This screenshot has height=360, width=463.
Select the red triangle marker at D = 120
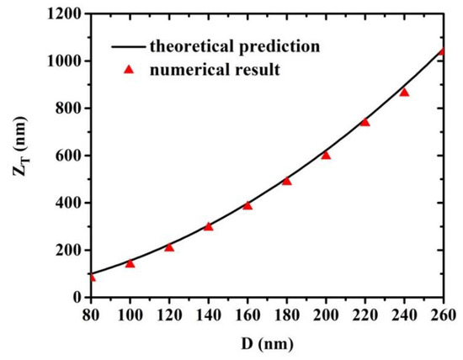coord(169,247)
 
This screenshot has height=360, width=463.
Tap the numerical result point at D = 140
coord(208,226)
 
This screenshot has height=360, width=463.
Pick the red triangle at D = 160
coord(247,205)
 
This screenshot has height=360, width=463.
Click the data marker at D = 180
coord(286,181)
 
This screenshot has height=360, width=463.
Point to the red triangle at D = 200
coord(326,155)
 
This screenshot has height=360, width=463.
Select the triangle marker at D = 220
coord(365,122)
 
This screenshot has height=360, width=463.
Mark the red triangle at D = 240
coord(404,92)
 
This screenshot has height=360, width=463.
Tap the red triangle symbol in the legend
coord(130,70)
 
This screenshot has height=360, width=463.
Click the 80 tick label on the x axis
coord(91,315)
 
